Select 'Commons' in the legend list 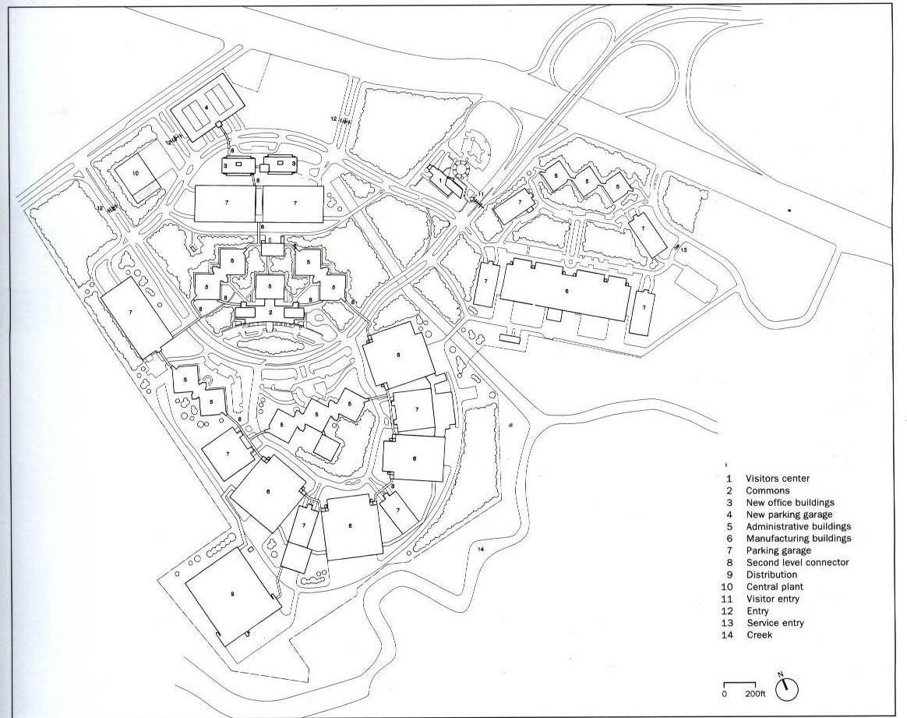coord(768,491)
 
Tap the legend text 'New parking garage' coord(789,515)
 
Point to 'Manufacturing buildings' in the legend coord(798,538)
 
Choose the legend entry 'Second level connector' coord(797,562)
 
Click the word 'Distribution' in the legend coord(771,575)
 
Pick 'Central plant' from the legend coord(774,587)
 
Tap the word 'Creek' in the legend coord(760,635)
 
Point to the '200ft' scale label coord(754,693)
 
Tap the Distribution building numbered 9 coord(231,595)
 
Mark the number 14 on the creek coord(481,550)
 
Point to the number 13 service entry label coord(683,250)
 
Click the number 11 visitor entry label coord(482,194)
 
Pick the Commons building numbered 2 coord(270,312)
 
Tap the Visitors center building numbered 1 coord(441,182)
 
